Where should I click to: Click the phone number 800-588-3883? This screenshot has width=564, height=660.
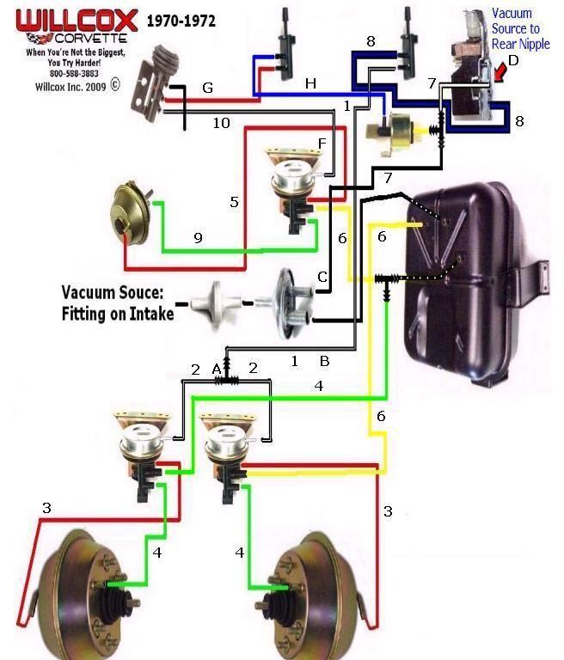pyautogui.click(x=77, y=74)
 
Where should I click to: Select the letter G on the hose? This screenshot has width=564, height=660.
pyautogui.click(x=206, y=88)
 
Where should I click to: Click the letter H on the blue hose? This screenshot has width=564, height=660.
pyautogui.click(x=310, y=82)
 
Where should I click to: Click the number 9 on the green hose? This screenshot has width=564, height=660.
pyautogui.click(x=198, y=238)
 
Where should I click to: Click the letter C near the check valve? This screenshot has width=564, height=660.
pyautogui.click(x=322, y=277)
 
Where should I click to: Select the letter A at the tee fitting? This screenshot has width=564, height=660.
pyautogui.click(x=217, y=368)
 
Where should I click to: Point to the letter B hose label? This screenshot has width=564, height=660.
pyautogui.click(x=325, y=362)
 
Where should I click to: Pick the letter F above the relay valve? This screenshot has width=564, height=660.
pyautogui.click(x=322, y=142)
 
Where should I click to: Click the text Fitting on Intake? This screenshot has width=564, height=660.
pyautogui.click(x=117, y=314)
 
